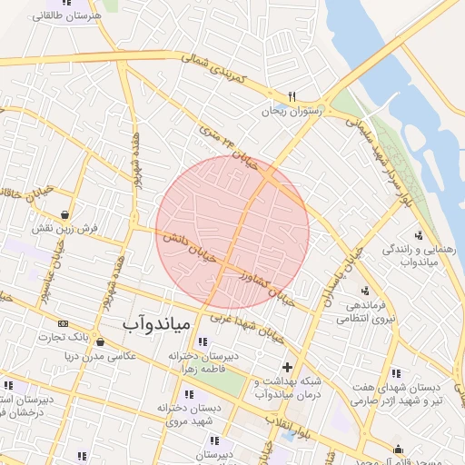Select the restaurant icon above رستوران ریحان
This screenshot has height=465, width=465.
coord(292,95)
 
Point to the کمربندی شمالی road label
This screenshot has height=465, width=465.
coord(214,69)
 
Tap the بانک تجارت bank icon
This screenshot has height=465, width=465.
coord(63,323)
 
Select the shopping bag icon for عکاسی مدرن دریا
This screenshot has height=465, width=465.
coord(99,342)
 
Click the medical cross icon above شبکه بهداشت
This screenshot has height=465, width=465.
coord(288,367)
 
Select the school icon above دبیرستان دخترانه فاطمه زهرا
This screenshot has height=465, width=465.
coord(201,341)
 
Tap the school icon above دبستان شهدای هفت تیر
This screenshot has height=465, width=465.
coord(395,372)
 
